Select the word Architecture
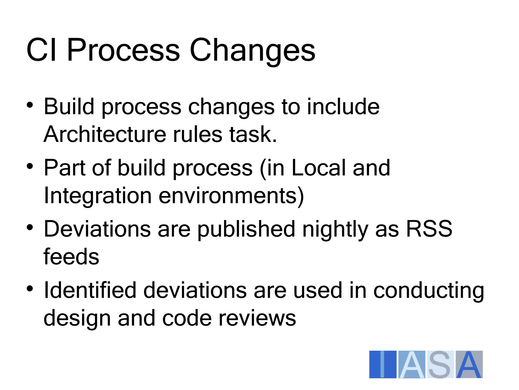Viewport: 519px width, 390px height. [105, 134]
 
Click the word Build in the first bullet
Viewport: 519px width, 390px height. [69, 107]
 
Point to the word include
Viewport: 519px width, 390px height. [343, 107]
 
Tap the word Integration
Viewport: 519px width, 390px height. [98, 196]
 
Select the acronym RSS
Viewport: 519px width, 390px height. [429, 229]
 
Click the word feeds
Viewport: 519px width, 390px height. [71, 257]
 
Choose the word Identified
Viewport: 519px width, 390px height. [90, 290]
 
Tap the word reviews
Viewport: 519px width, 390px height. [257, 318]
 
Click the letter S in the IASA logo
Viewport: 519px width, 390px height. [440, 364]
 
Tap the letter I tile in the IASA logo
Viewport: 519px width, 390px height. [383, 364]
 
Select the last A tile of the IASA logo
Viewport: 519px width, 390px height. [469, 364]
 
